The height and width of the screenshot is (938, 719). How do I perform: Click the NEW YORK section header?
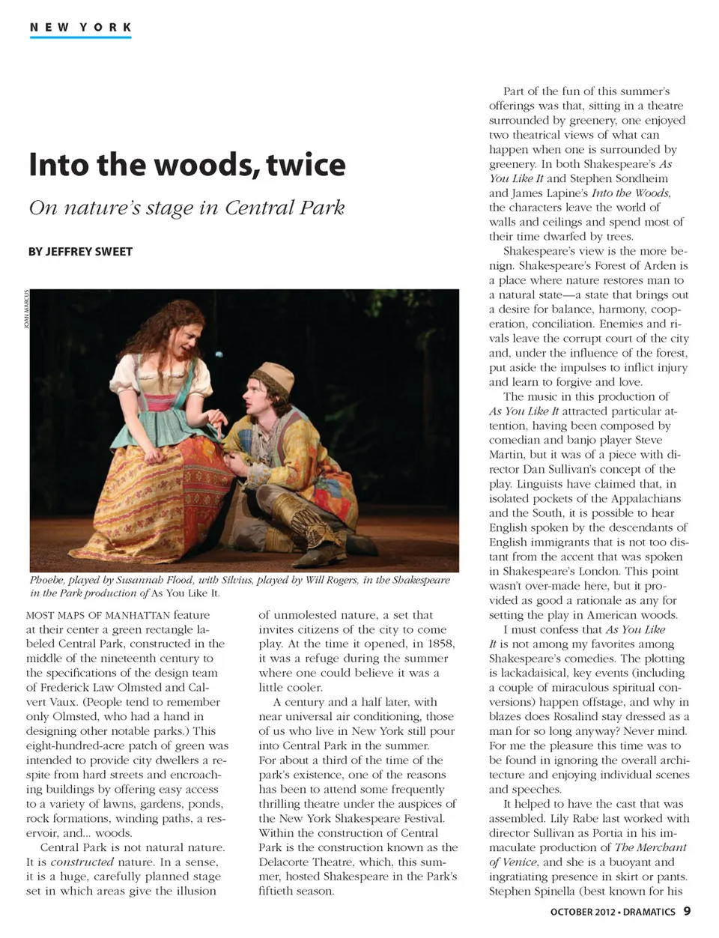tap(81, 28)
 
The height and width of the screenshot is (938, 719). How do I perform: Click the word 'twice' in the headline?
tap(305, 165)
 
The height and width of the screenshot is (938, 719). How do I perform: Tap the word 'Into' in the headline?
tap(58, 165)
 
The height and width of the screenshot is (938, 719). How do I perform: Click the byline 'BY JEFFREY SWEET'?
tap(80, 252)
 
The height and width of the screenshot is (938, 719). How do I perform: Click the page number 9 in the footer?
tap(687, 912)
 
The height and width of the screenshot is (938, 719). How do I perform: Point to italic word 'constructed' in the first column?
tap(82, 862)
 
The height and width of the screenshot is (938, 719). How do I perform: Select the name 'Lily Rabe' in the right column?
tap(576, 819)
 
